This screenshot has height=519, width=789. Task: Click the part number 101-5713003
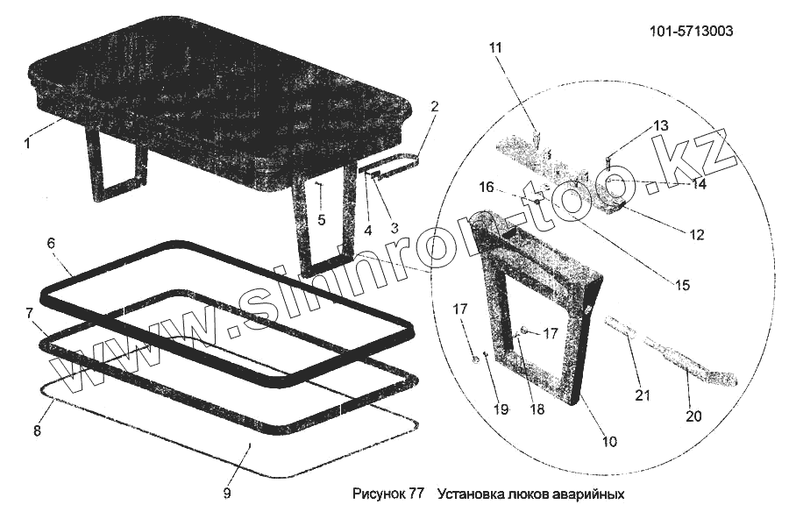(692, 32)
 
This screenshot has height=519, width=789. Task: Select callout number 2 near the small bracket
(434, 106)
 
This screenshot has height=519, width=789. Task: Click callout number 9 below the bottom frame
(226, 494)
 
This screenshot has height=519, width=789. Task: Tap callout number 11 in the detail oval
(496, 47)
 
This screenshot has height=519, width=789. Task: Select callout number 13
(660, 125)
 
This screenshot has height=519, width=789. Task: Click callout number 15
(681, 285)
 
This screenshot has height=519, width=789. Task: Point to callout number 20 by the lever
(693, 416)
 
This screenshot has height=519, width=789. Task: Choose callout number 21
(643, 395)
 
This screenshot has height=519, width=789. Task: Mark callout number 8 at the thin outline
(37, 430)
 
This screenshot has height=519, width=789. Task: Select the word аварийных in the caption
(589, 494)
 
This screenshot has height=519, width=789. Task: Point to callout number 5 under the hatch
(321, 219)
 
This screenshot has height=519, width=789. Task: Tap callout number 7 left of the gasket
(29, 313)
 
